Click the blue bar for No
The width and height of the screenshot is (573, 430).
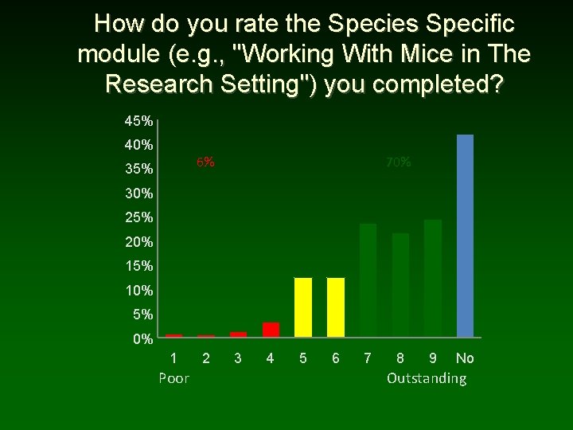[465, 236]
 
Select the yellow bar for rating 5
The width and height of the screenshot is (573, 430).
[303, 307]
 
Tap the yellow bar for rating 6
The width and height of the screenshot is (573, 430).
[336, 307]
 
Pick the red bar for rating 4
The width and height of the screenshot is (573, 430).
[271, 330]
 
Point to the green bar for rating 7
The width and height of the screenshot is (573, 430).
[368, 280]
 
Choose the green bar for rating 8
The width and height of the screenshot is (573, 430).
[400, 285]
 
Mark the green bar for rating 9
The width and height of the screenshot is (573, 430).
[433, 279]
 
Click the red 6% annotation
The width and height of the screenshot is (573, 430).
[205, 162]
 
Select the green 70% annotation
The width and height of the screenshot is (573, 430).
[399, 162]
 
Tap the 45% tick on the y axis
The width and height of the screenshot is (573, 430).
[138, 121]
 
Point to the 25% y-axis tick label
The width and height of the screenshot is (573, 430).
[138, 217]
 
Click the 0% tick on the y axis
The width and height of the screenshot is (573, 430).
[142, 339]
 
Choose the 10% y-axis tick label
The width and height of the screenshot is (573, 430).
[138, 291]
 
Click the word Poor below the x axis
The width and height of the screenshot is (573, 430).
[173, 377]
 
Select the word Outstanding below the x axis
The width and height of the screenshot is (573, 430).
[427, 377]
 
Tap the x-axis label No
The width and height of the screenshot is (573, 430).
[465, 358]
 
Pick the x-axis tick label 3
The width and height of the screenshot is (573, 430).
[238, 358]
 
